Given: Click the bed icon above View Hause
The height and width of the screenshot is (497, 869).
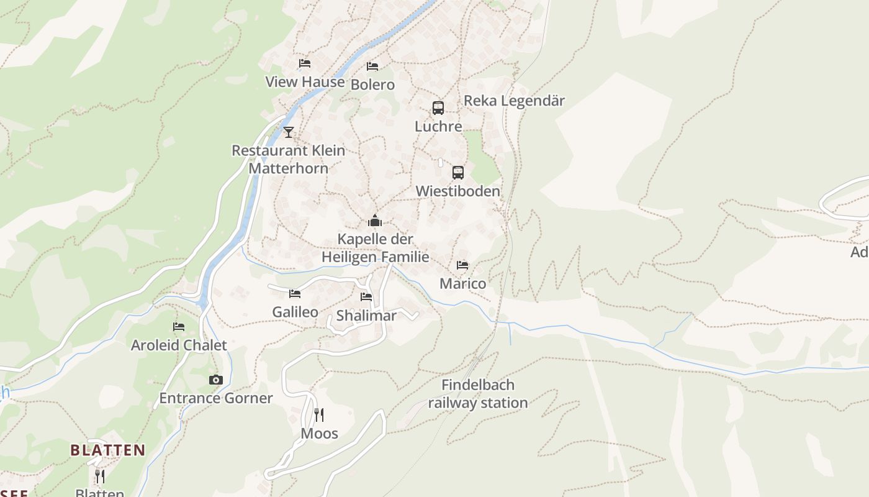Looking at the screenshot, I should coord(304,63).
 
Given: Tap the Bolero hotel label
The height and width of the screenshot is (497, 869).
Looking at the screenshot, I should coord(372,84).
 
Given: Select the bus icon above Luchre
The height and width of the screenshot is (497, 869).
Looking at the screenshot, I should coord(438,108).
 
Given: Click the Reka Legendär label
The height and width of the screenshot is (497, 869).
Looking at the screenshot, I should coord(514,101).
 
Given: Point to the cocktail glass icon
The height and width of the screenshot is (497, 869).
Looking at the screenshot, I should coord(289,132).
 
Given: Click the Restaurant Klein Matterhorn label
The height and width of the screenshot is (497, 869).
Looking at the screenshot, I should coord(289,159).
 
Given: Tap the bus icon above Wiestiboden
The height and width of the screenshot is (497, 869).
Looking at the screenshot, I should coord(458,173).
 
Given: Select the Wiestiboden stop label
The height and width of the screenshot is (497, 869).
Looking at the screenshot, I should coord(458,191).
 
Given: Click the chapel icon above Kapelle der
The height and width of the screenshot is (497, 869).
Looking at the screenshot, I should coord(375,221).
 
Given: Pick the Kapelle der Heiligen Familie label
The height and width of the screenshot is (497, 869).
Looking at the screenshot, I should coord(376,248).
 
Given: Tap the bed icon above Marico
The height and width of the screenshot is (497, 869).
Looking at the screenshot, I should coord(462,265).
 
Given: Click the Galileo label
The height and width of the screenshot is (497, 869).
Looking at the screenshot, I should coord(295,312).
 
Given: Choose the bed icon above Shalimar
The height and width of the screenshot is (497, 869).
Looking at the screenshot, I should coord(366,297).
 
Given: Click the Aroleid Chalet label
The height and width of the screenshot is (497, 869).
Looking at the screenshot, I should coord(179,345).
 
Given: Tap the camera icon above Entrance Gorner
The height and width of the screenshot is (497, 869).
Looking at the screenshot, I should coord(216,380).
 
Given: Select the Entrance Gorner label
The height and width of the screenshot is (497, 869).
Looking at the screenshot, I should coord(216,398).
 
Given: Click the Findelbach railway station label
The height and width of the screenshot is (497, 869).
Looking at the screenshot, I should coord(478,394).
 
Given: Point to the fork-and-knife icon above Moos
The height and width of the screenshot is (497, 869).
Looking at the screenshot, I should coord(319,415).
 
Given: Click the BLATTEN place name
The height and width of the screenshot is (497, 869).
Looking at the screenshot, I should coord(108,450).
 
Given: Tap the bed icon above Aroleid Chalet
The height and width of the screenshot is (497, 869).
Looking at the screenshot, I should coord(179,326).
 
